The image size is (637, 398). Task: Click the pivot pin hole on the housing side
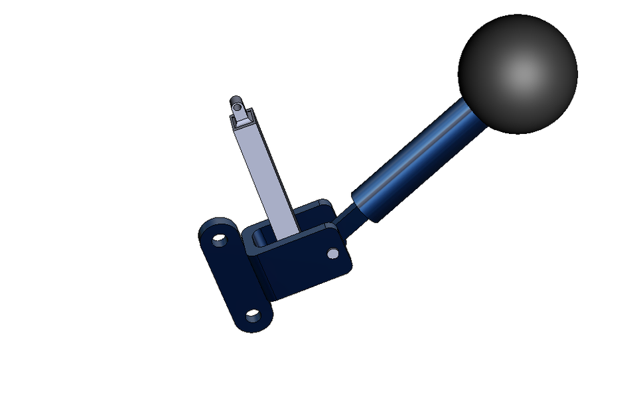pos(332,253)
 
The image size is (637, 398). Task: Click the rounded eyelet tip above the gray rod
pos(237,103)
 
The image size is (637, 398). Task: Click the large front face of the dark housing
pos(299,262)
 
